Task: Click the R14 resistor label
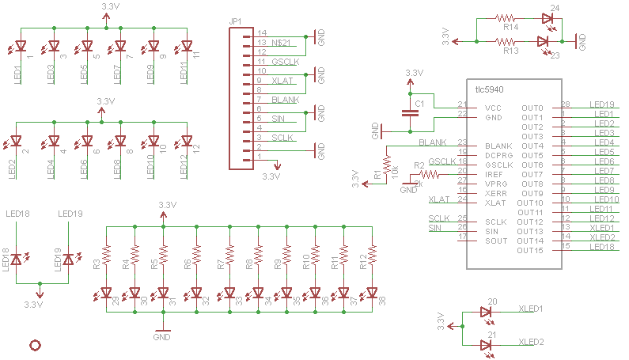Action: pos(510,27)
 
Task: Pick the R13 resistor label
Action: pos(510,51)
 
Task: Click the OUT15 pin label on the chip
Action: pos(529,251)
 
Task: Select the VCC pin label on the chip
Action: pos(493,108)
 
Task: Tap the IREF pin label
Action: pos(494,175)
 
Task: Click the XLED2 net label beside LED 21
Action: pos(531,343)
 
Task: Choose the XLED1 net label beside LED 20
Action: pos(531,309)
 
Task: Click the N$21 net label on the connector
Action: pos(282,41)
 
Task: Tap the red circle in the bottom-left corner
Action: pos(35,344)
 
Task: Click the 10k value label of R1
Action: pos(395,171)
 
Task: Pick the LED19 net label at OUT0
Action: pos(603,104)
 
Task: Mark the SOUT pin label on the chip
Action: pos(496,241)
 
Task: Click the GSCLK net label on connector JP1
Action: pos(284,61)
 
